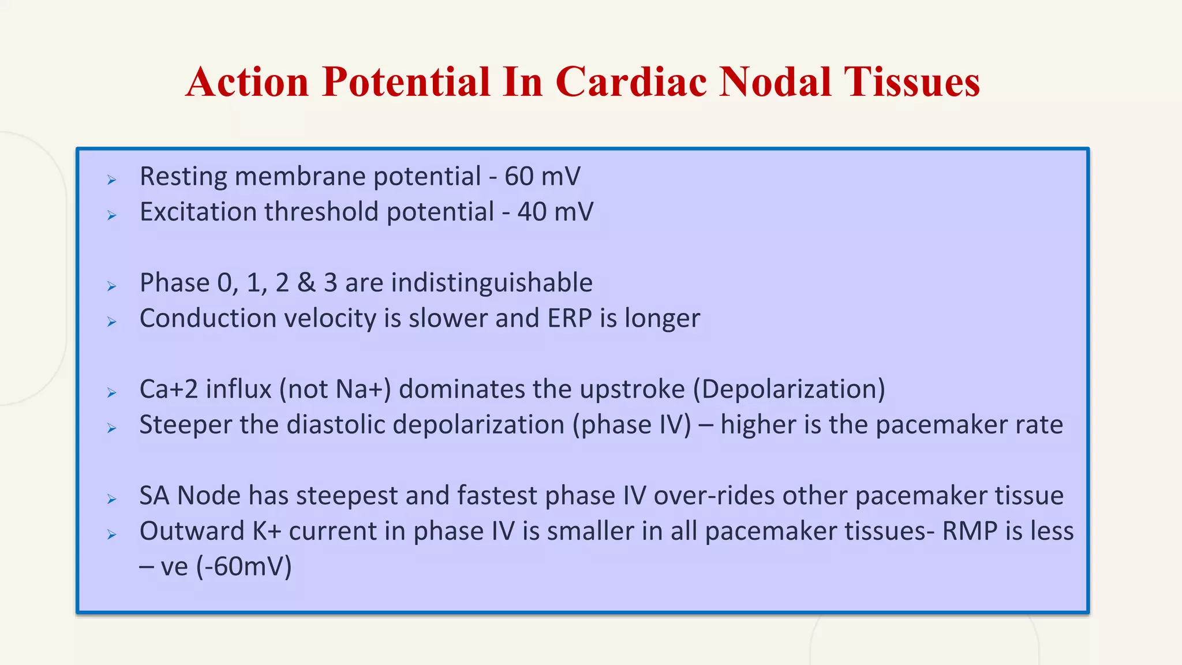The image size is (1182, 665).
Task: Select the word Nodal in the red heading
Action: (775, 82)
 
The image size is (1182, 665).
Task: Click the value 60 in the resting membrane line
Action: (519, 177)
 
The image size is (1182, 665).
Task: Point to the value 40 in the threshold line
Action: (532, 212)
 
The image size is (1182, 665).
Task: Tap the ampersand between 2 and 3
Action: (306, 283)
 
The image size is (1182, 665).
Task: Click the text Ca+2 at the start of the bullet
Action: (169, 390)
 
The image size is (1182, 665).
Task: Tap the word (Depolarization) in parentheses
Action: (788, 390)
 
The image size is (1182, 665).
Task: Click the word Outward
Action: (192, 531)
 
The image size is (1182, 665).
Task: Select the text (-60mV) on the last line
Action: (244, 567)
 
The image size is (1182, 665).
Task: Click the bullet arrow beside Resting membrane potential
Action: (112, 180)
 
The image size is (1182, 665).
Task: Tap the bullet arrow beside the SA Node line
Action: (112, 499)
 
